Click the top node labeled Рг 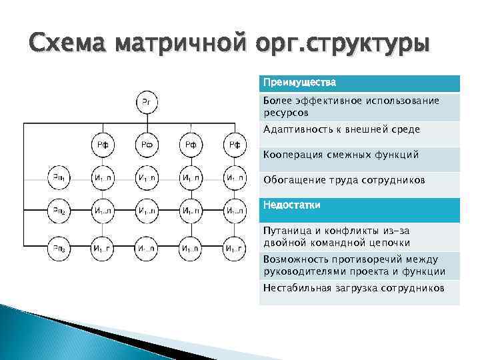(147, 101)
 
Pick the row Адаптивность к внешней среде (341, 129)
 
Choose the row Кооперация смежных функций (341, 155)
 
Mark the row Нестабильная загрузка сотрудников (353, 288)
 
